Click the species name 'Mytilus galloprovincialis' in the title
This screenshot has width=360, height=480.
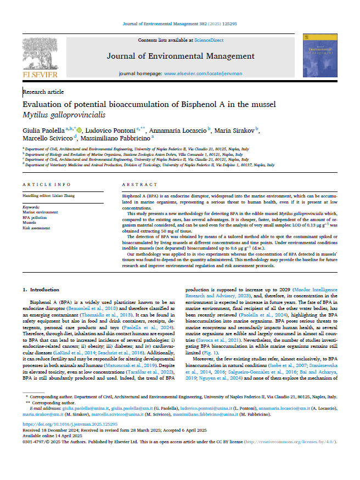click(64, 115)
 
